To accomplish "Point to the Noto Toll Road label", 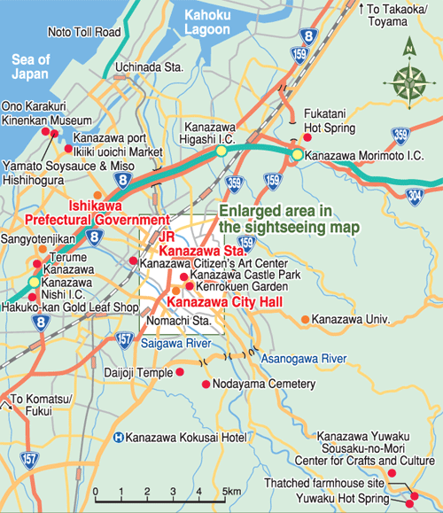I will [x=84, y=33].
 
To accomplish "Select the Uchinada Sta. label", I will [x=146, y=66].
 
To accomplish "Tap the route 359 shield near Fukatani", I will [x=400, y=136].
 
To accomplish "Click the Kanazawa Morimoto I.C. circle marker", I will [x=298, y=155].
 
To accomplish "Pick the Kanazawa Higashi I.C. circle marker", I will [x=221, y=152].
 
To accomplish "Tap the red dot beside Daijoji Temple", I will [x=181, y=373].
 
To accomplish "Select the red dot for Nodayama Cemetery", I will [x=206, y=385].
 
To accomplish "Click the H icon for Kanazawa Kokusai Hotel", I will [x=119, y=437].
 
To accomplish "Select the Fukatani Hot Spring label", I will [x=330, y=121].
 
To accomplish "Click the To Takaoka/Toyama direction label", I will [x=402, y=15].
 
